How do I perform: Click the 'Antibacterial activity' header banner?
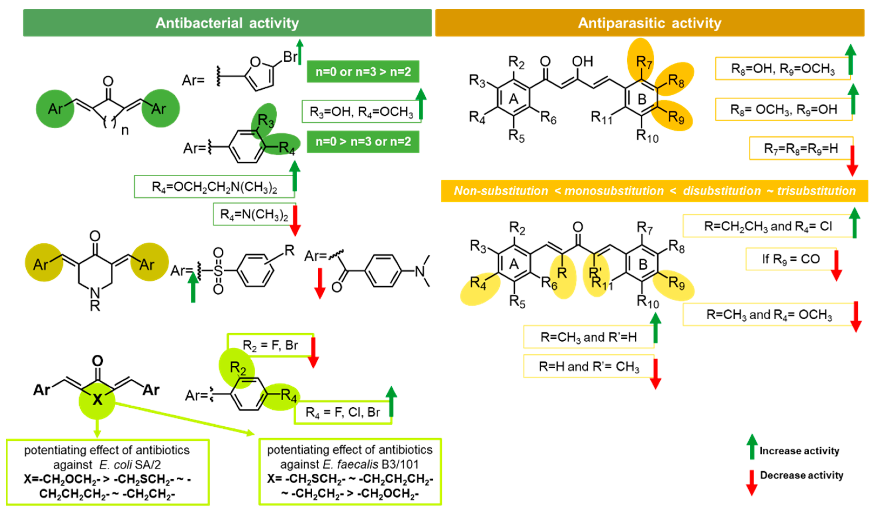pos(227,23)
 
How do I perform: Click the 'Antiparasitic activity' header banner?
pos(649,23)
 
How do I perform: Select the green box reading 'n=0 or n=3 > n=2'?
pos(363,72)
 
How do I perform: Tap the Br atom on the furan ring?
pos(290,57)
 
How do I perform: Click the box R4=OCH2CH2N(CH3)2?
pos(214,187)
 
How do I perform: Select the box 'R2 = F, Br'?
pos(270,345)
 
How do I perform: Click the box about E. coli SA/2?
pos(108,472)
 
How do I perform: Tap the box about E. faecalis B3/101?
pos(350,471)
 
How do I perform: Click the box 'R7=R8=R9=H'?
pos(801,149)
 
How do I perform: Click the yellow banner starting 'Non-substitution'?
pos(654,191)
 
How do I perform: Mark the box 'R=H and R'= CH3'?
pos(589,366)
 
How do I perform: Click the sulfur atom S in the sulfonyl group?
pos(218,271)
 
